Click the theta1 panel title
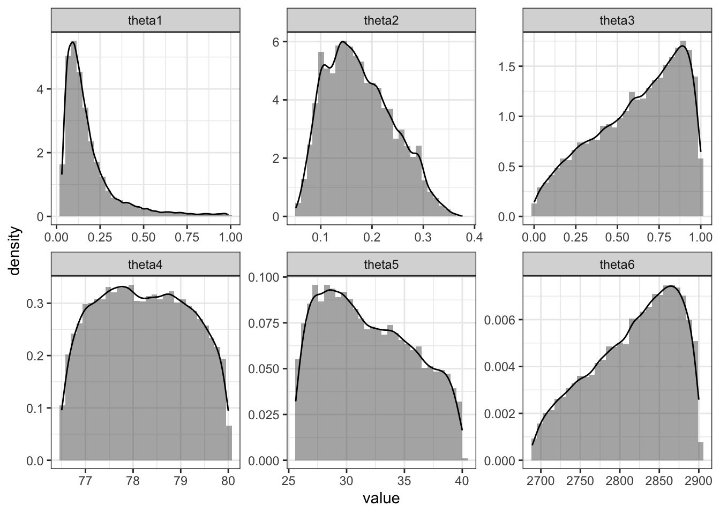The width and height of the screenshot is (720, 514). click(x=145, y=21)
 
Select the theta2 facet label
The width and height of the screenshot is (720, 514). click(x=381, y=21)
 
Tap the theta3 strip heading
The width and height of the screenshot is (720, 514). click(x=617, y=21)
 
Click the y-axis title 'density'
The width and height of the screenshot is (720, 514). click(x=16, y=251)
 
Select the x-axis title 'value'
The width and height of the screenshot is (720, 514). click(x=381, y=498)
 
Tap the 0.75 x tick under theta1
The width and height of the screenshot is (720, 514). click(x=187, y=237)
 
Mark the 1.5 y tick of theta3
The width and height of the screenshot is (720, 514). click(x=509, y=67)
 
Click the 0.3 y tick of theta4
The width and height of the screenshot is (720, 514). click(x=39, y=303)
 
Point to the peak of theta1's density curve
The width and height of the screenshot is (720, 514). click(x=72, y=42)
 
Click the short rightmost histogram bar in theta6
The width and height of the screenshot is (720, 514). click(x=700, y=451)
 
